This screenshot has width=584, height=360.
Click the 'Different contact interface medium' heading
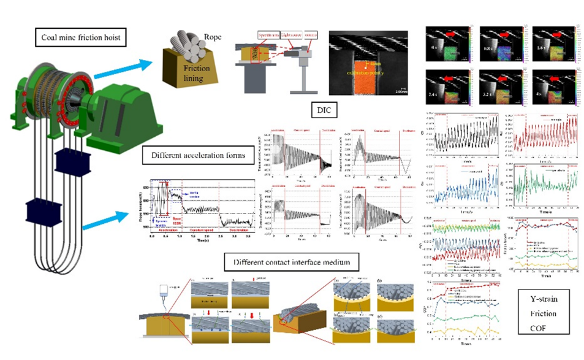click(x=297, y=264)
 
